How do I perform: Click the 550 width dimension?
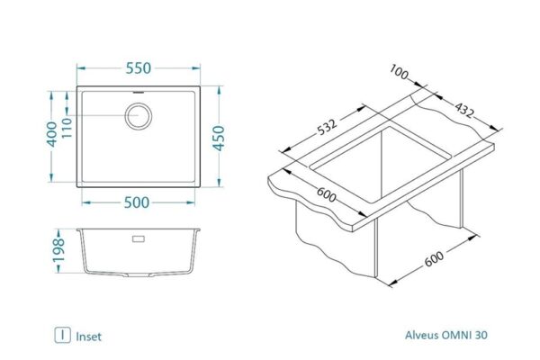(x=138, y=68)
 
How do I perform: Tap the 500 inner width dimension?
(x=137, y=202)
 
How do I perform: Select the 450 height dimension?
(x=219, y=138)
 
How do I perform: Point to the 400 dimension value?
(x=51, y=134)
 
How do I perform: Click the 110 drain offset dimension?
(x=66, y=128)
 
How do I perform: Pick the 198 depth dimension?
(x=59, y=250)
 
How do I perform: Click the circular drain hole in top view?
(x=139, y=116)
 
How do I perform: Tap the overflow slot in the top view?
(x=139, y=93)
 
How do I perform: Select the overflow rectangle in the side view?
(x=139, y=238)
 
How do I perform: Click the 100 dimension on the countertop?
(x=399, y=73)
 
